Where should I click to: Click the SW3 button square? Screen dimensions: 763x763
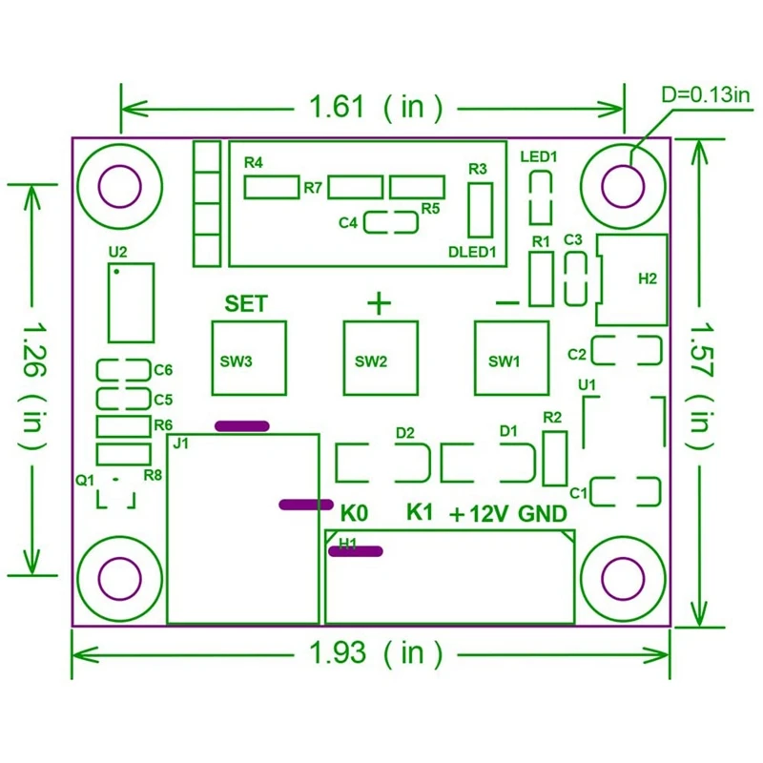(x=248, y=359)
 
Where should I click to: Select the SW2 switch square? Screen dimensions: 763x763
(x=381, y=359)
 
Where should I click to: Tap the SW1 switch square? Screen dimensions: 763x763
(x=512, y=359)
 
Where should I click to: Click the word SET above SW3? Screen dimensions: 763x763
(x=246, y=304)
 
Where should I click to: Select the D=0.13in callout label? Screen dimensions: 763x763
(x=707, y=94)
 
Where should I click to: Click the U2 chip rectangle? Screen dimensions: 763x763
(x=131, y=302)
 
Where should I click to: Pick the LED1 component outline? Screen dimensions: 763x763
(x=541, y=197)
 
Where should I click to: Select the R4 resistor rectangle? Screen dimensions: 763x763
(x=271, y=187)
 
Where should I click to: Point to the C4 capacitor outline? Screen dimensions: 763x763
(x=391, y=223)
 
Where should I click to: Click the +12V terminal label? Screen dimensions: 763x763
(x=481, y=514)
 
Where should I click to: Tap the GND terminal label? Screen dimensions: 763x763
(x=543, y=514)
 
